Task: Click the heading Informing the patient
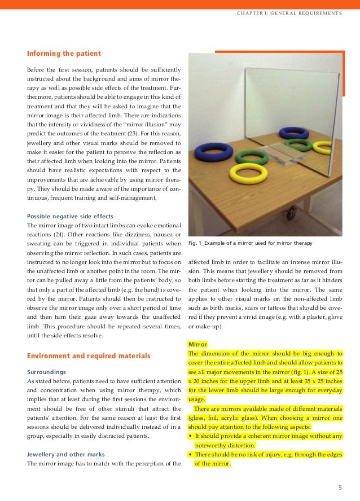point(64,54)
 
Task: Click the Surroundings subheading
point(47,372)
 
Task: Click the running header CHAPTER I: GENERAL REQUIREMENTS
point(289,12)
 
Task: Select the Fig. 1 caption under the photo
point(251,243)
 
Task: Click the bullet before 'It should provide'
point(190,436)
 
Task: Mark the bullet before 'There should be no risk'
point(190,454)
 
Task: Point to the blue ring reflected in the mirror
point(294,133)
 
